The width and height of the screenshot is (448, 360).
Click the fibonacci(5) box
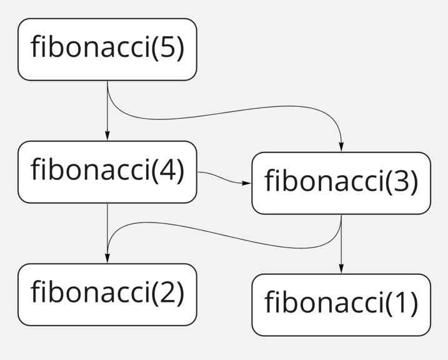107,49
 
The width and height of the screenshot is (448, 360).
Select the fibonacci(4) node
107,172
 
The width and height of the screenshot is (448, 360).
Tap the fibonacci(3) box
341,182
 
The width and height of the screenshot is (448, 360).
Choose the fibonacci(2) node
107,294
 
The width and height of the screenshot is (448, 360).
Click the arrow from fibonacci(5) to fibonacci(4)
107,109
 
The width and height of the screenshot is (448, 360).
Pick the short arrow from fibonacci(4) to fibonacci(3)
222,178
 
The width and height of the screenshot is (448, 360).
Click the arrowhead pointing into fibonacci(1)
341,269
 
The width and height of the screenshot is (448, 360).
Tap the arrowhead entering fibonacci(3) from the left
247,182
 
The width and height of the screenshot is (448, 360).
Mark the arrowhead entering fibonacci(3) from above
341,147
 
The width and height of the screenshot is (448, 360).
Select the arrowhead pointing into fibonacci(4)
107,136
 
